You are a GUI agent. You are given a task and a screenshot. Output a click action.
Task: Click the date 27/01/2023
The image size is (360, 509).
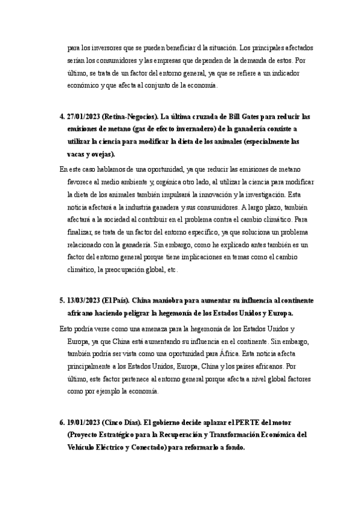(x=84, y=116)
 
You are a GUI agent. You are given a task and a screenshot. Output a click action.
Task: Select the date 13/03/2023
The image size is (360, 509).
(x=84, y=299)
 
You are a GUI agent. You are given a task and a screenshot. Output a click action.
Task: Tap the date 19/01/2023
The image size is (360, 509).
(x=84, y=423)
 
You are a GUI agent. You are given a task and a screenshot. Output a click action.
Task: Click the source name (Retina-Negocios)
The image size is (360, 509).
(x=130, y=116)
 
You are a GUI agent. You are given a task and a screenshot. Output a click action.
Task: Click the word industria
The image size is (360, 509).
(x=149, y=208)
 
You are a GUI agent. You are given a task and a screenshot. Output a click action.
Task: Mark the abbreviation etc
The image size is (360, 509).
(x=172, y=271)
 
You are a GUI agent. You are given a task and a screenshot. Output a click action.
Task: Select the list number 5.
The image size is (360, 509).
(x=62, y=299)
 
